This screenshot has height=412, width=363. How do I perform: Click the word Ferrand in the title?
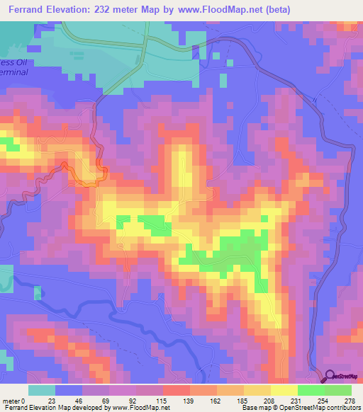coord(29,10)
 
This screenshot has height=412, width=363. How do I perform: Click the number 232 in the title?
coord(115,10)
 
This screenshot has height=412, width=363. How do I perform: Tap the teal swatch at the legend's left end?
coord(42,390)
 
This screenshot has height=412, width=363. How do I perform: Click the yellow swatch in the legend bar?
coord(284,390)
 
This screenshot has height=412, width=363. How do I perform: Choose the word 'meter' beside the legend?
coord(12,401)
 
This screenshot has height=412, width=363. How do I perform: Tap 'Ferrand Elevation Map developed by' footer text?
coord(48,408)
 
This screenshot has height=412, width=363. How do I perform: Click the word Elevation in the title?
coord(75,10)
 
